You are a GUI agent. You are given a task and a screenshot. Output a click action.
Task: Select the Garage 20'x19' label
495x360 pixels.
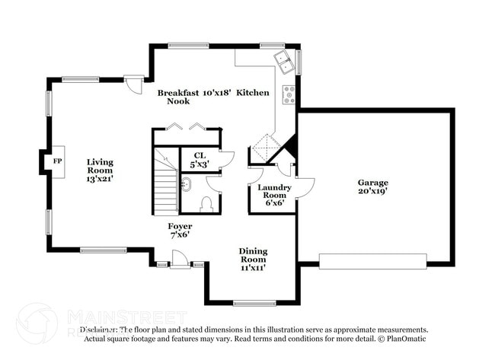(x=373, y=187)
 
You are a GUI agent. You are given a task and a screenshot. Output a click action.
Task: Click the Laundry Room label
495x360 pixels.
(x=273, y=193)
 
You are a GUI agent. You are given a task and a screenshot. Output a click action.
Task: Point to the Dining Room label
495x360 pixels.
(x=253, y=260)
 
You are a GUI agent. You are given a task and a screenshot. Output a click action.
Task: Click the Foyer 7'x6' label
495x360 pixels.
(x=180, y=231)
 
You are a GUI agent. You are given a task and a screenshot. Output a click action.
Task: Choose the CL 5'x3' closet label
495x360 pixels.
(x=199, y=160)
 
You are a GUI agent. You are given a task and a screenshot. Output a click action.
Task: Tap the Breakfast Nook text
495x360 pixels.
(x=178, y=97)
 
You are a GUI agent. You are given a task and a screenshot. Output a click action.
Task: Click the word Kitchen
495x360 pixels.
(x=252, y=92)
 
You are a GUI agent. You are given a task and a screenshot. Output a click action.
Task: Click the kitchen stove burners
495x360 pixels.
(x=289, y=94)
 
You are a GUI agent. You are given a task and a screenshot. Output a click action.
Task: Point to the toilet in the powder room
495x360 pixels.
(x=206, y=204)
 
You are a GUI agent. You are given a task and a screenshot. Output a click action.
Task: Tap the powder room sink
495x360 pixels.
(x=185, y=183)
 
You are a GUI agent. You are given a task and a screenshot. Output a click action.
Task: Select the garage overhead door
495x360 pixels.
(x=373, y=261)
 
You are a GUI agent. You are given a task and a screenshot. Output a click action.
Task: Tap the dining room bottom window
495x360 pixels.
(x=254, y=303)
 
